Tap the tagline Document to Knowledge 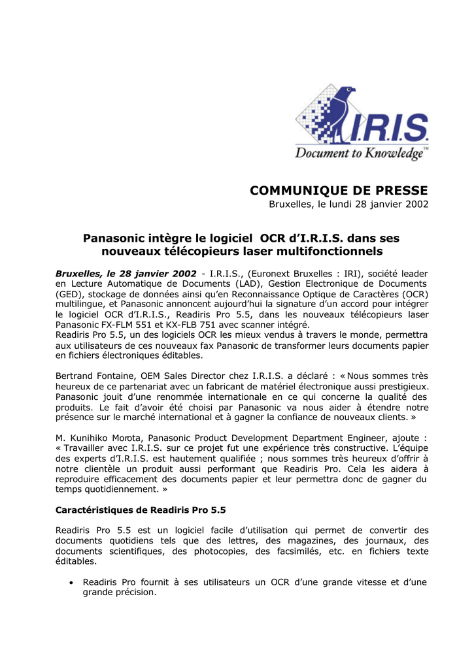(x=361, y=154)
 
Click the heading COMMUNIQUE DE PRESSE (x=339, y=190)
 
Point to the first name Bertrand (x=75, y=376)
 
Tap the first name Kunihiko (x=92, y=437)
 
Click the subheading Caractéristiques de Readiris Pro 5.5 (x=141, y=510)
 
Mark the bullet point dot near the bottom (x=71, y=582)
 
